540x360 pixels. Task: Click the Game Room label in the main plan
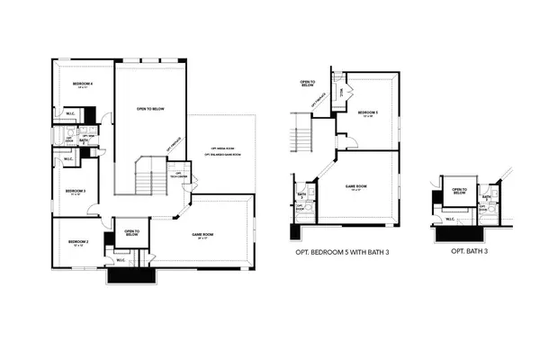click(x=202, y=236)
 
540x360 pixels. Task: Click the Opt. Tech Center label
click(x=178, y=175)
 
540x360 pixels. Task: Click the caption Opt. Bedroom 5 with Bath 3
click(x=346, y=253)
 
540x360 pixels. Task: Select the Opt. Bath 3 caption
click(x=470, y=253)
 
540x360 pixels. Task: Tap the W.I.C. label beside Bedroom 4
click(x=69, y=113)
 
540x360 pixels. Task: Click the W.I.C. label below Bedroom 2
click(x=121, y=260)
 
